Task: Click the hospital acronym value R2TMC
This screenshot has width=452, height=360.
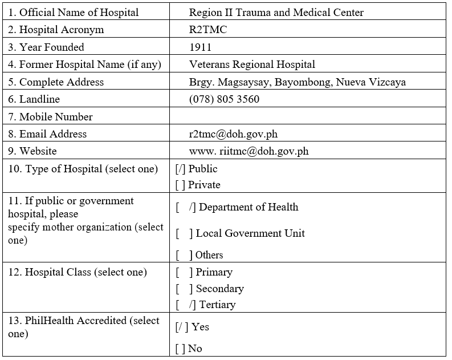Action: coord(207,30)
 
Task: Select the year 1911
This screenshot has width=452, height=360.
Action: coord(200,47)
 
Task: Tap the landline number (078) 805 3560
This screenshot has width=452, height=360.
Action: coord(224,99)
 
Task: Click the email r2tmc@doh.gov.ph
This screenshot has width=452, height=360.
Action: coord(233,134)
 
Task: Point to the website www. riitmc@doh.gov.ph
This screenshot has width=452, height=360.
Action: coord(249,151)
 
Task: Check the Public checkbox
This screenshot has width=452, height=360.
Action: coord(181,169)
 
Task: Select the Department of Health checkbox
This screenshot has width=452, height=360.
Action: coord(186,207)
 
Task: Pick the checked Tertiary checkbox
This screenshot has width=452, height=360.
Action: coord(186,305)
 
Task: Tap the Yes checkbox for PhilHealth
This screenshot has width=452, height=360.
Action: coord(182,327)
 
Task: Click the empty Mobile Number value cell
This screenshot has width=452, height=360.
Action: coord(308,117)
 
